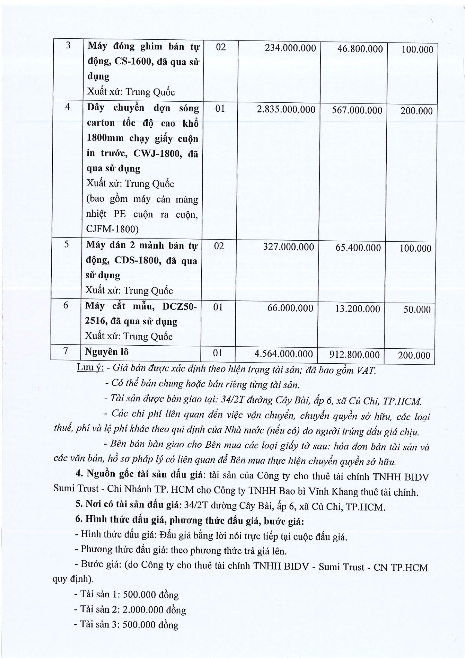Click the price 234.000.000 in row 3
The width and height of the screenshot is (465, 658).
290,48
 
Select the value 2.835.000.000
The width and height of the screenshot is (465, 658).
286,109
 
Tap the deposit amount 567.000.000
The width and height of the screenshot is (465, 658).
357,110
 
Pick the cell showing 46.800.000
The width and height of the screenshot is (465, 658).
360,49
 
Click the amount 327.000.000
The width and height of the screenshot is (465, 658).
288,247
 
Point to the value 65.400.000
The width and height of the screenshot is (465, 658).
358,247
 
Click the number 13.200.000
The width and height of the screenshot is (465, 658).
357,309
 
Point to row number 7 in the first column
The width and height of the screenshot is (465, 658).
66,351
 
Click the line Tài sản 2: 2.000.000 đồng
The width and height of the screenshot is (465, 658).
130,610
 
